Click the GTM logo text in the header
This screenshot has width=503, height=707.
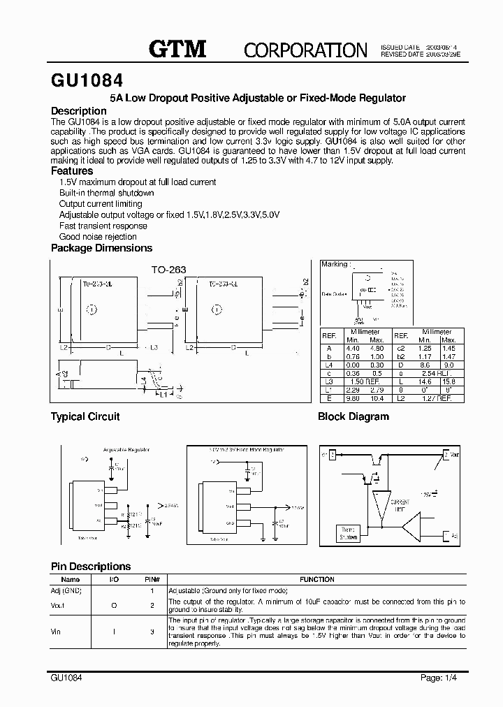click(177, 48)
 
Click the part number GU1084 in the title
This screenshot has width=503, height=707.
click(87, 80)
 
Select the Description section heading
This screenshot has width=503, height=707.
click(79, 111)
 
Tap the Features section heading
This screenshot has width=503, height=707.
click(72, 170)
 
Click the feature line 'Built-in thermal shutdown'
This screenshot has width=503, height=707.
click(106, 193)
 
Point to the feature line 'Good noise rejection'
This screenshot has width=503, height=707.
click(98, 237)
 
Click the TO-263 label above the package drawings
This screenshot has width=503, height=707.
click(169, 268)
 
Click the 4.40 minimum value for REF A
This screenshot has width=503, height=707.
click(353, 348)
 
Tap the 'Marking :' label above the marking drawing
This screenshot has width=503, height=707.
click(335, 264)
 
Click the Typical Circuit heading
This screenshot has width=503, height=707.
click(85, 416)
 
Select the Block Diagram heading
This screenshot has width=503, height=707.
click(353, 416)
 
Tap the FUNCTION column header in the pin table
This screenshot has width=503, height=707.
click(316, 579)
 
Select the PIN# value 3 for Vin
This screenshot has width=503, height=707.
click(152, 632)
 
